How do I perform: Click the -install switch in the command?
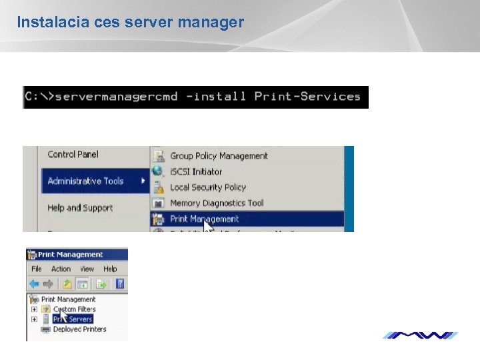click(x=217, y=97)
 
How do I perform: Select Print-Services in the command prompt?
click(x=307, y=97)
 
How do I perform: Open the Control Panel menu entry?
click(x=73, y=155)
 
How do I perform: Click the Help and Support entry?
click(x=80, y=208)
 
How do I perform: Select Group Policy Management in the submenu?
click(x=219, y=156)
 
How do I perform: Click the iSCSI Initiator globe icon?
click(x=158, y=171)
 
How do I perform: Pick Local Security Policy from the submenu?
click(x=207, y=187)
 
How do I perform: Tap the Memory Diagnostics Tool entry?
click(x=217, y=203)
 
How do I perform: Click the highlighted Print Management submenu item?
click(x=204, y=219)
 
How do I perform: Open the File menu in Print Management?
click(x=37, y=269)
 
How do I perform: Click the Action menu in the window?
click(x=61, y=269)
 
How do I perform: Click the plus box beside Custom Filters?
click(x=34, y=309)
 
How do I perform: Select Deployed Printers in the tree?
click(x=79, y=329)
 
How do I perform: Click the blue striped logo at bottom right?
click(x=420, y=335)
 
